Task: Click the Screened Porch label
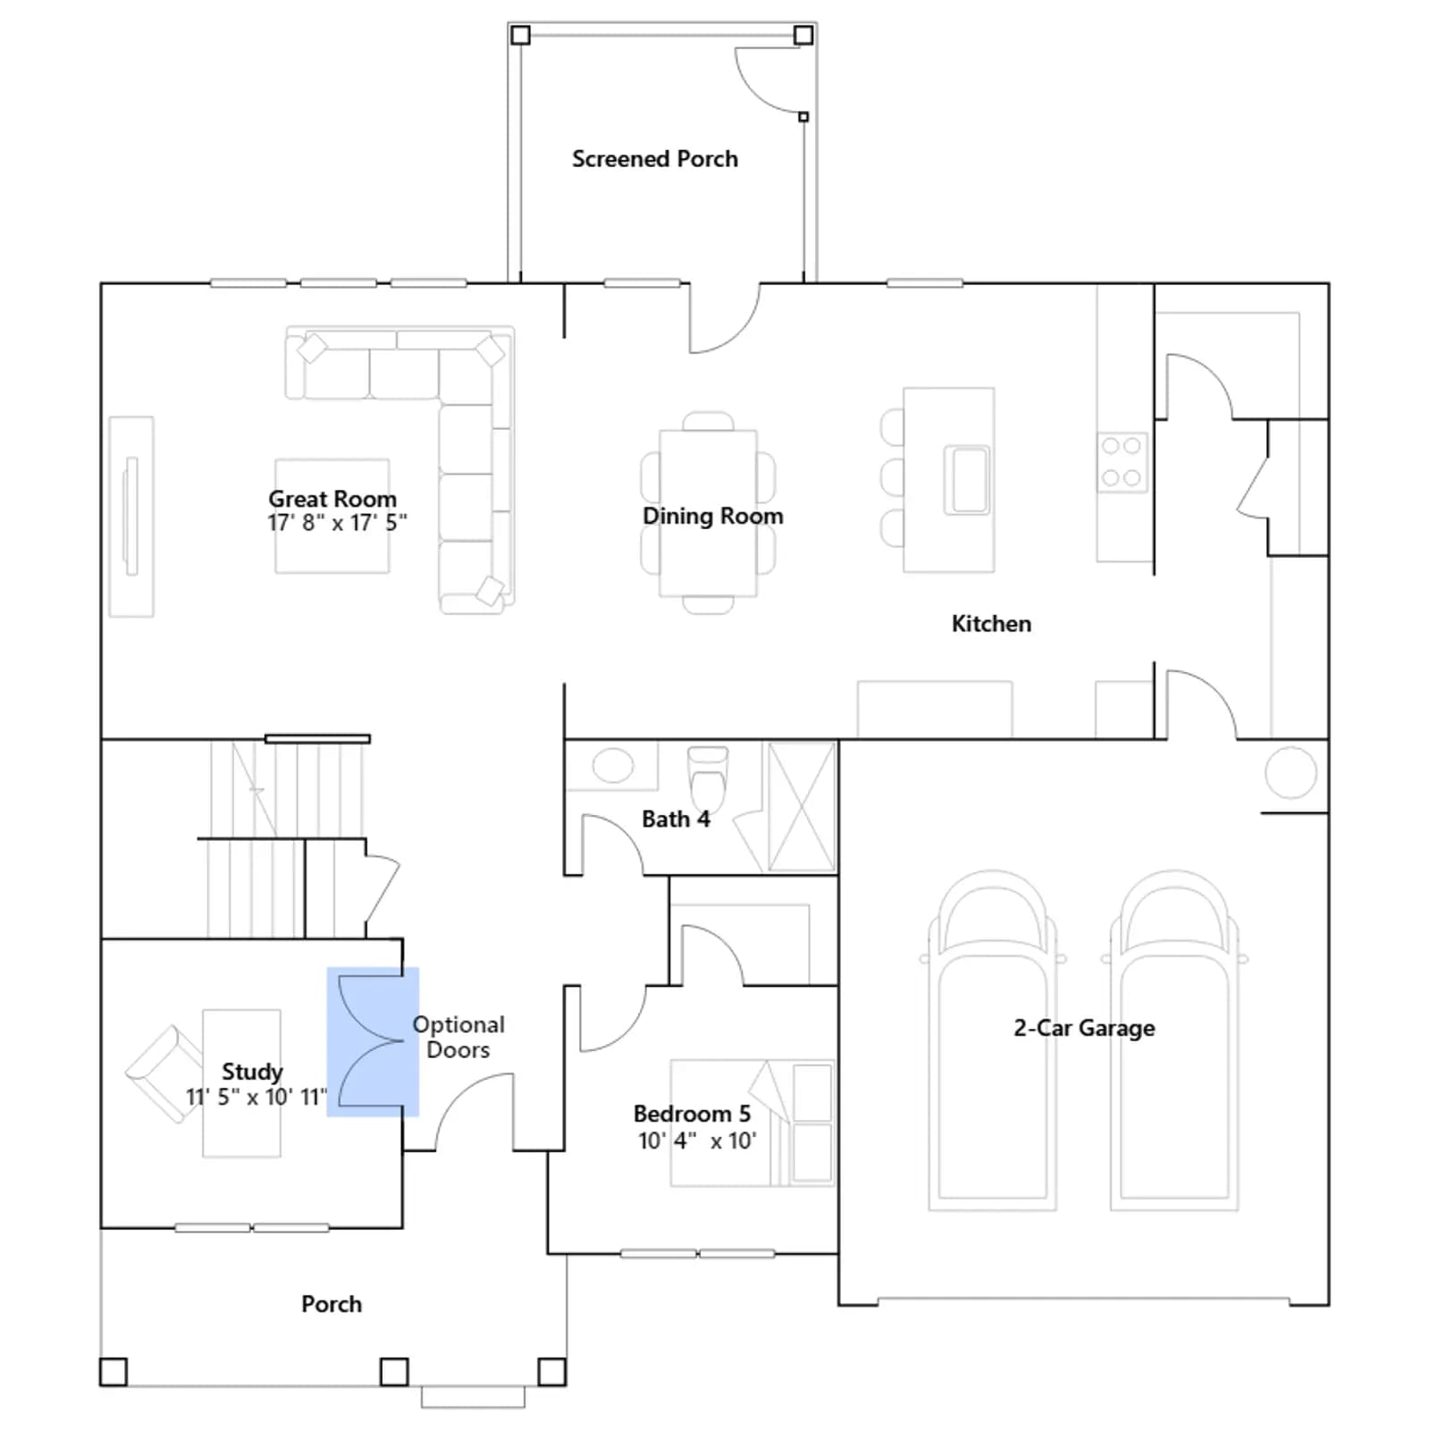pos(655,159)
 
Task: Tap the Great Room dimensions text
pos(337,523)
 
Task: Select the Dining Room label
pos(712,516)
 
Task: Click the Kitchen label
pos(991,624)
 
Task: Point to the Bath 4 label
pos(676,819)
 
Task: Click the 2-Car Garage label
pos(1084,1028)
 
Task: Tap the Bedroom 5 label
pos(692,1114)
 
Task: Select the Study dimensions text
pos(257,1097)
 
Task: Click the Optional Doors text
pos(458,1037)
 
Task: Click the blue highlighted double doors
pos(373,1041)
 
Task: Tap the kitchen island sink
pos(967,480)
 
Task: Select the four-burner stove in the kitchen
pos(1122,462)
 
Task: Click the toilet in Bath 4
pos(708,778)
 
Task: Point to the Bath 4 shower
pos(802,806)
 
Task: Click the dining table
pos(708,513)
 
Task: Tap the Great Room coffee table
pos(332,516)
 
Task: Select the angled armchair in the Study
pos(164,1073)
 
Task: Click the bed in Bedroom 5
pos(753,1123)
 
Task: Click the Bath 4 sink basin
pos(612,766)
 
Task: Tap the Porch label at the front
pos(332,1304)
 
